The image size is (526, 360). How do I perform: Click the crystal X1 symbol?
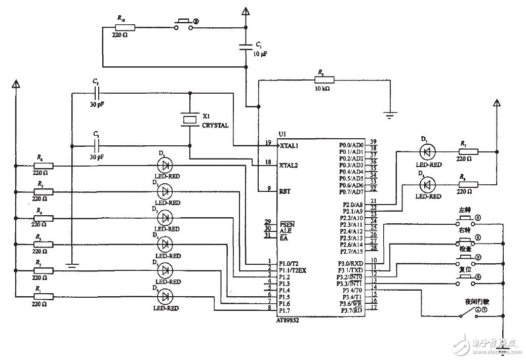189,119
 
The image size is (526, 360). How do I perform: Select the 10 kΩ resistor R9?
324,79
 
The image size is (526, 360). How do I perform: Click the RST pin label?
285,191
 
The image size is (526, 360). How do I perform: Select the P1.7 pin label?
286,310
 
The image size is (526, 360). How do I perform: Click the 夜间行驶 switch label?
477,302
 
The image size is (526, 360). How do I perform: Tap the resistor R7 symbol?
468,151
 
